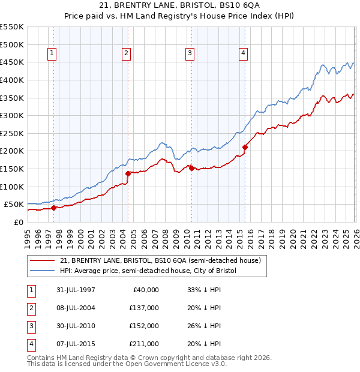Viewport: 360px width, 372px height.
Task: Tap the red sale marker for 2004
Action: pyautogui.click(x=128, y=173)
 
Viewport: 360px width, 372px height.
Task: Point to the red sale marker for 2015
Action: pyautogui.click(x=245, y=147)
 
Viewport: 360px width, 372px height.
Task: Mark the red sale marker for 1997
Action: pyautogui.click(x=53, y=208)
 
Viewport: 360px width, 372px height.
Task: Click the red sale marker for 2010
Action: pyautogui.click(x=191, y=168)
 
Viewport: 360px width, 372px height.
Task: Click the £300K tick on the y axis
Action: pyautogui.click(x=12, y=115)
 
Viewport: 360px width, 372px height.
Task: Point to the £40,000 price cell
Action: pyautogui.click(x=146, y=289)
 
